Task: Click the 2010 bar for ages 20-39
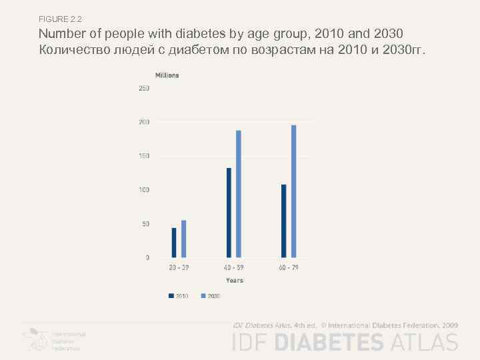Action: (x=174, y=243)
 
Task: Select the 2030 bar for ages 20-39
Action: (x=184, y=239)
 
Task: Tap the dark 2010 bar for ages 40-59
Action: (x=229, y=213)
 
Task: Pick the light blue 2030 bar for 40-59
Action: (x=239, y=194)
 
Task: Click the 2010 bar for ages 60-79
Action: (x=283, y=221)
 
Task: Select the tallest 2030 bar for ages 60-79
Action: (x=293, y=191)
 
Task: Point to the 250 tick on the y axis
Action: (x=144, y=89)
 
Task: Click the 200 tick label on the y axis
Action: (x=144, y=123)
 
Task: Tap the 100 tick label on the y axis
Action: (x=144, y=190)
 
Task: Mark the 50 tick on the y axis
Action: (x=145, y=224)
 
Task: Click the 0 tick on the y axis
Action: (x=147, y=257)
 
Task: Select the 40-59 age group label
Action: (x=234, y=267)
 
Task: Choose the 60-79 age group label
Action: (x=289, y=267)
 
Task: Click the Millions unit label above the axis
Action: (x=167, y=75)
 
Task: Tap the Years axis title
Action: (x=234, y=281)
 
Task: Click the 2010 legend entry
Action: (x=178, y=295)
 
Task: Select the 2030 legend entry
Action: (x=210, y=295)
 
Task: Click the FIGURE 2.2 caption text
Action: (x=60, y=18)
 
